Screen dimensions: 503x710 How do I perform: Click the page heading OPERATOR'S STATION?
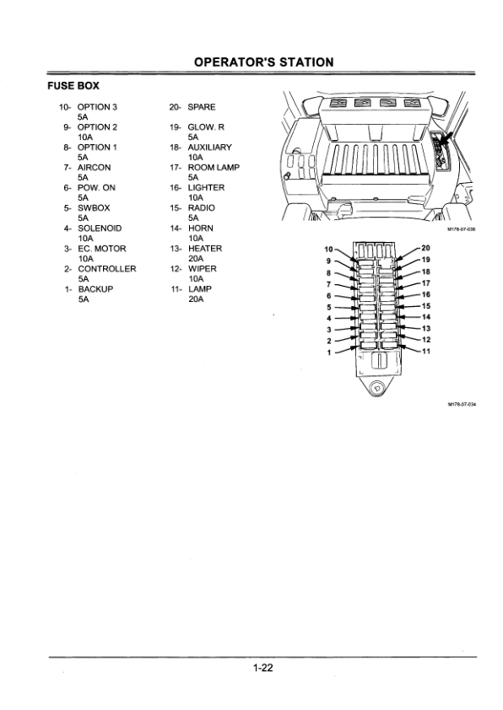(x=263, y=62)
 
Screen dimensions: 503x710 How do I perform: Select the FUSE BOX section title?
(x=73, y=85)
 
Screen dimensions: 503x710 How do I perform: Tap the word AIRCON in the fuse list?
(x=95, y=168)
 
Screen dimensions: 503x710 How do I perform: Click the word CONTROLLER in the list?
(x=107, y=269)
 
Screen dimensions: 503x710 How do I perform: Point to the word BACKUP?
(x=95, y=289)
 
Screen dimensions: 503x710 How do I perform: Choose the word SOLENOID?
(x=100, y=229)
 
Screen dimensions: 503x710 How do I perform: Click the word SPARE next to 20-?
(x=202, y=107)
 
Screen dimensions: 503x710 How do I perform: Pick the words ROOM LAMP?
(x=214, y=168)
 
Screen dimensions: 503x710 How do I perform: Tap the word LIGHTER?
(x=206, y=187)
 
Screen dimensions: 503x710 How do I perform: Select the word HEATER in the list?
(x=205, y=249)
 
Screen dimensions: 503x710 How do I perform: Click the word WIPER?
(x=203, y=269)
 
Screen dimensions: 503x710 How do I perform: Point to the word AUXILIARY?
(x=210, y=148)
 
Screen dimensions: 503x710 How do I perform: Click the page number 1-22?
(x=263, y=668)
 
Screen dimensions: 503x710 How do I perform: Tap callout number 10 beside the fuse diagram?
(x=329, y=249)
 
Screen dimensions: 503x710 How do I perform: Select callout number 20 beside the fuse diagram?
(x=426, y=248)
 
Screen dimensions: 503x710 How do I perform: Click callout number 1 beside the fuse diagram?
(x=329, y=352)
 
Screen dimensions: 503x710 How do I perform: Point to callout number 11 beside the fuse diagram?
(x=426, y=351)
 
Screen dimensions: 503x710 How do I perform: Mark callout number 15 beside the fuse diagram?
(x=426, y=306)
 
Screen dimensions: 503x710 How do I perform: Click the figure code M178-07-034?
(x=462, y=405)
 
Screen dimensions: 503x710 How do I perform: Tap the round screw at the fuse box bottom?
(x=376, y=388)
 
